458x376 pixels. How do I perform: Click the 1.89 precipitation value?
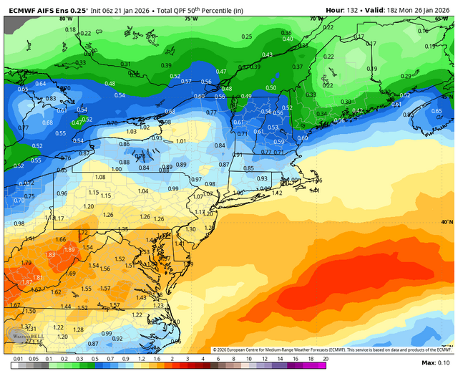pos(69,249)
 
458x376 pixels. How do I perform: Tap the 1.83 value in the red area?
pos(50,255)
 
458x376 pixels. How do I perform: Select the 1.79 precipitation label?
pos(27,263)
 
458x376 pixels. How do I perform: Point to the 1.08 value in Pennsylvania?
pos(99,177)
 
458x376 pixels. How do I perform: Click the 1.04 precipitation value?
pos(143,191)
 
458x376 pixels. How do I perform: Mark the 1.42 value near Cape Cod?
pos(277,193)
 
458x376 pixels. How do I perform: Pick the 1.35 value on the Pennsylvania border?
pos(122,229)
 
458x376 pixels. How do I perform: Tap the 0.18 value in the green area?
pos(70,29)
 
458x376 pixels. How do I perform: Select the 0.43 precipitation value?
pos(267,55)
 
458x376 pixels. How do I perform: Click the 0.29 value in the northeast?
pos(406,76)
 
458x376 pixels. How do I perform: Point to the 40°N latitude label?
pos(447,222)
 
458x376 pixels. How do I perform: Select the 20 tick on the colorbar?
pos(326,357)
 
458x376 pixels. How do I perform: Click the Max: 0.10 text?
pos(434,364)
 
